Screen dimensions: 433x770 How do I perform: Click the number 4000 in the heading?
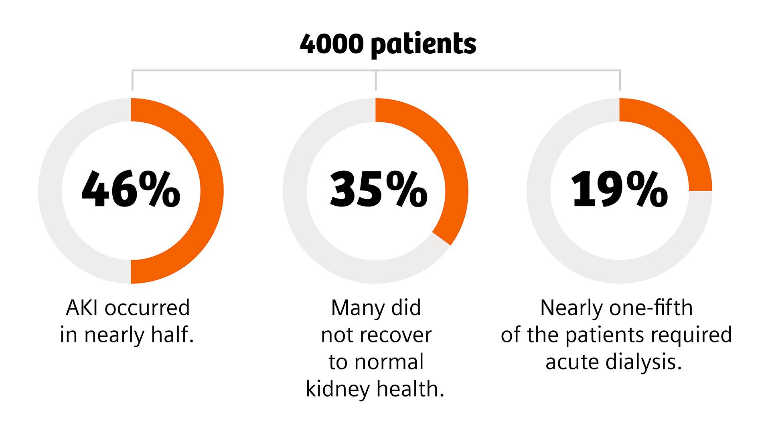[331, 45]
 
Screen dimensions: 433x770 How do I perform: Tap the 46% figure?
[131, 190]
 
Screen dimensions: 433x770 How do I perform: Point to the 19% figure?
[620, 190]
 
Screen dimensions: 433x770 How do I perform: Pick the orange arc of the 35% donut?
[449, 160]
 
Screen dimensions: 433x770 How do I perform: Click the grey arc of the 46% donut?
[51, 191]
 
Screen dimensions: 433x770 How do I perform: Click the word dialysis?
[644, 362]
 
